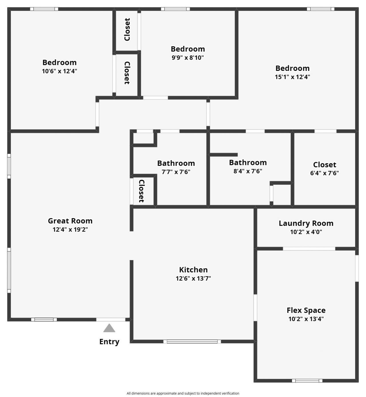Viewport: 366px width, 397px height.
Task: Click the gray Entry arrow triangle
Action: coord(109,328)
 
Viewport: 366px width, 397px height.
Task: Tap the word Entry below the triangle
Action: coord(109,342)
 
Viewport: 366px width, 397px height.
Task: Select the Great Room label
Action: coord(70,221)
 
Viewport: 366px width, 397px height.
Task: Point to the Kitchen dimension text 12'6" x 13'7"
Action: coord(193,278)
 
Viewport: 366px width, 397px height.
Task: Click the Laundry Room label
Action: coord(306,223)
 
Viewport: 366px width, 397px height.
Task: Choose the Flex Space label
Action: coord(306,310)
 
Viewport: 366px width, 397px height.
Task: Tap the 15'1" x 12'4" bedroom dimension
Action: coord(292,77)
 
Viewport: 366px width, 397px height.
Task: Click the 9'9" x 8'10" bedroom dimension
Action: coord(188,58)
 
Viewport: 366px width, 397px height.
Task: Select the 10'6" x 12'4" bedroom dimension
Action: coord(59,71)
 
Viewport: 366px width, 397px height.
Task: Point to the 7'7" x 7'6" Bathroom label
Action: coord(176,163)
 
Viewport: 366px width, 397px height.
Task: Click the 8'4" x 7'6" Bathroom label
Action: coord(248,163)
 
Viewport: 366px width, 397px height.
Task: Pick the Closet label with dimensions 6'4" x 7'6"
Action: coord(325,165)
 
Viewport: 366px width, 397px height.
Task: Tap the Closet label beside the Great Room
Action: coord(141,191)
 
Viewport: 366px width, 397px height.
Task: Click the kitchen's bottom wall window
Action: coord(192,341)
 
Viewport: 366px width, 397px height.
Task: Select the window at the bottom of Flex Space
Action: coord(307,380)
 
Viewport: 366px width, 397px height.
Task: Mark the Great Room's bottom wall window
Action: coord(44,320)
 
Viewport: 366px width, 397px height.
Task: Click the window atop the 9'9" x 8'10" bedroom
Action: coord(175,9)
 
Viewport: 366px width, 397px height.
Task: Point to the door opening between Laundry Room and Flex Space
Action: coord(309,249)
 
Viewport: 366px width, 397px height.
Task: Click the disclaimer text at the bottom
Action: coord(183,393)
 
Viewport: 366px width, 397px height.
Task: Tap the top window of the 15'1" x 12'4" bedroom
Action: coord(321,9)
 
